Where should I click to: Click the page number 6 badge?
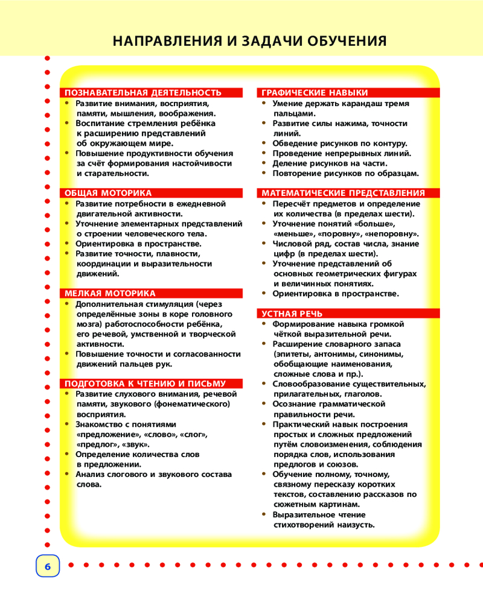[48, 566]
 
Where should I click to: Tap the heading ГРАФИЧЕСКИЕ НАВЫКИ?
[315, 93]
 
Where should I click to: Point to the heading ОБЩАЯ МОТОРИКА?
[108, 193]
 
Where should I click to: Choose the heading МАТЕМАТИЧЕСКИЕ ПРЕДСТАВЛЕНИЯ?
[343, 193]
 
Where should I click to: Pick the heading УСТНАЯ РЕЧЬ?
[292, 314]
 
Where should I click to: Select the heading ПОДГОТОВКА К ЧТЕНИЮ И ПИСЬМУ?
[145, 384]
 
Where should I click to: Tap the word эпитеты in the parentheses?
[293, 354]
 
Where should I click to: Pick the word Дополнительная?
[109, 305]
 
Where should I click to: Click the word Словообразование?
[310, 384]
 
